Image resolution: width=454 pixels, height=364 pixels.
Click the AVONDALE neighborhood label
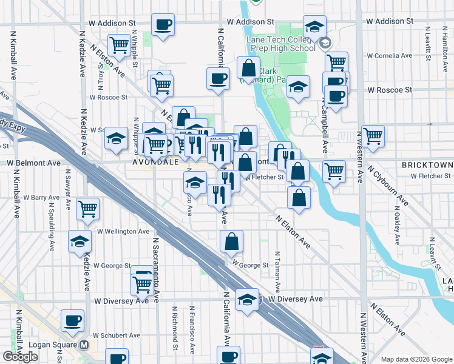tap(155, 163)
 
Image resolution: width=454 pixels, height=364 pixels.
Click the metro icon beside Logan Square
tap(84, 345)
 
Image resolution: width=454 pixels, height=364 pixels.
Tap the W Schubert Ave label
tap(117, 335)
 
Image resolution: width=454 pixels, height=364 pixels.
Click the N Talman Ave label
tap(277, 271)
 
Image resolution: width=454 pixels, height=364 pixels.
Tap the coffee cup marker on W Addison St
tap(163, 25)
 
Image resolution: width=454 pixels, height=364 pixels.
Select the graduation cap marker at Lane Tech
tap(314, 27)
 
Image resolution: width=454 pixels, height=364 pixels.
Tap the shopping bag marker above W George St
tap(232, 241)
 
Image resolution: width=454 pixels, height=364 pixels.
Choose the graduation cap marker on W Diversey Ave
tap(247, 300)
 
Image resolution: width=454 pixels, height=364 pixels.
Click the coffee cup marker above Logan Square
tap(73, 321)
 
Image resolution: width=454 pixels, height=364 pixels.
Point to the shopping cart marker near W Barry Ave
tap(88, 209)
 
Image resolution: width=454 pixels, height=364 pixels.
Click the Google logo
tap(21, 357)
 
